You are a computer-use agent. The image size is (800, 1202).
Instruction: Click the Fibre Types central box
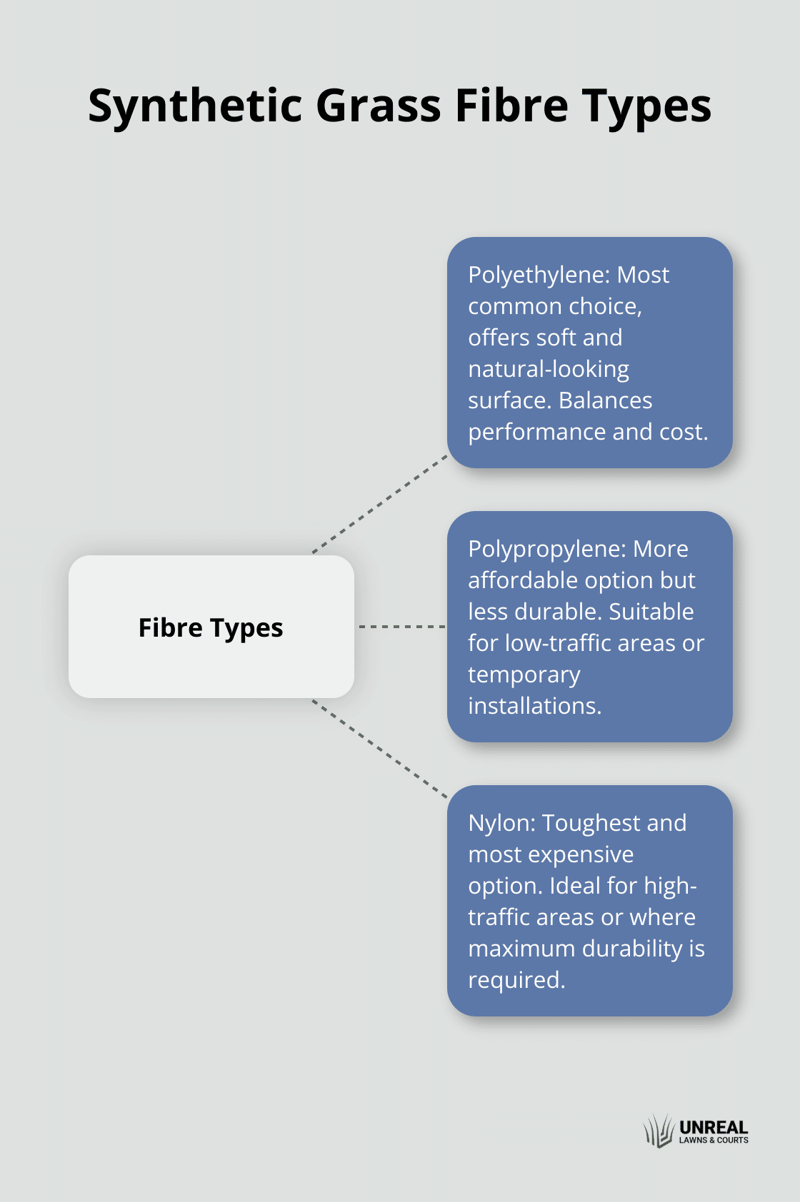point(211,627)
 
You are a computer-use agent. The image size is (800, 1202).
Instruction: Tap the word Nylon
point(501,823)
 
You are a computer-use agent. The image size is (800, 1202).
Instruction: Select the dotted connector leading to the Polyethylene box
point(380,503)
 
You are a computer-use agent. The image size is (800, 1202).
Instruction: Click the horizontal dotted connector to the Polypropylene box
point(401,627)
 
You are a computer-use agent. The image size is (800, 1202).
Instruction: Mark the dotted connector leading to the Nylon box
point(380,748)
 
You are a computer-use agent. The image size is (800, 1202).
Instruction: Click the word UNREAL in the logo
point(713,1127)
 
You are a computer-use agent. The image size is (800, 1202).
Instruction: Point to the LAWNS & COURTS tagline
point(713,1141)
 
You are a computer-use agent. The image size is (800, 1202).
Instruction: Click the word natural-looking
point(549,369)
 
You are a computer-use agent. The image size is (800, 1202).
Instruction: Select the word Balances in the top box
point(606,400)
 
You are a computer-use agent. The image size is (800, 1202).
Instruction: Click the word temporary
point(524,675)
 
